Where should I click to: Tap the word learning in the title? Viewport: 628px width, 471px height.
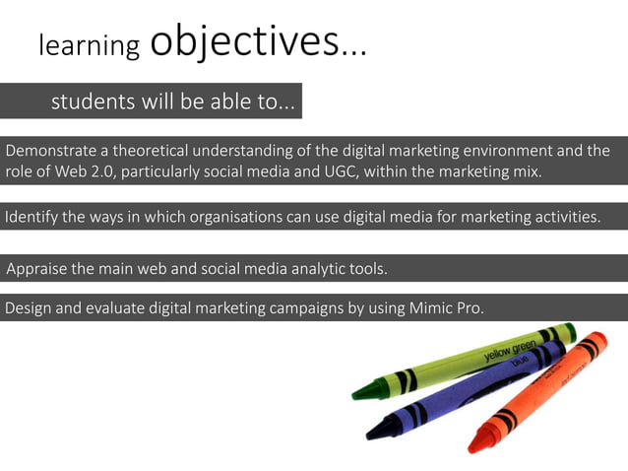(x=89, y=45)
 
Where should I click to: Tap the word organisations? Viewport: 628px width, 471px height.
(x=234, y=217)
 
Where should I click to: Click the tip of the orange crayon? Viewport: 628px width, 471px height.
(x=474, y=447)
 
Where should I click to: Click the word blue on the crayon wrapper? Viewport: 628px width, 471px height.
(x=519, y=362)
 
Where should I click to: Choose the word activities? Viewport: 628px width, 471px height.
(x=564, y=217)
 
